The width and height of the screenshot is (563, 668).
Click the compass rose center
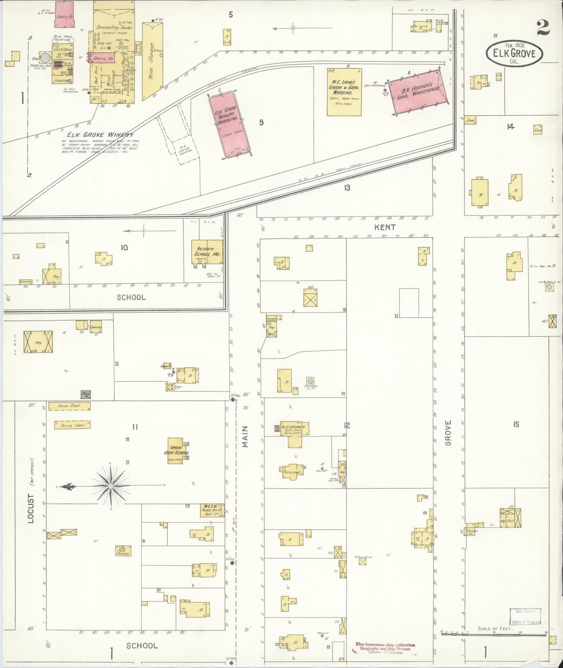(111, 486)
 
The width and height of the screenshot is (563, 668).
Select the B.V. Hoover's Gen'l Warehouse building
(418, 90)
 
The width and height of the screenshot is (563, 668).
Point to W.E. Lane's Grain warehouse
(344, 91)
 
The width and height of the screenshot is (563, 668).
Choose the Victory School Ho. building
(207, 252)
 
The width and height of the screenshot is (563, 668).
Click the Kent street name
(385, 227)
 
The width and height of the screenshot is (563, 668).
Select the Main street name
(245, 437)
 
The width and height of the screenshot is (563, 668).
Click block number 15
(516, 424)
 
